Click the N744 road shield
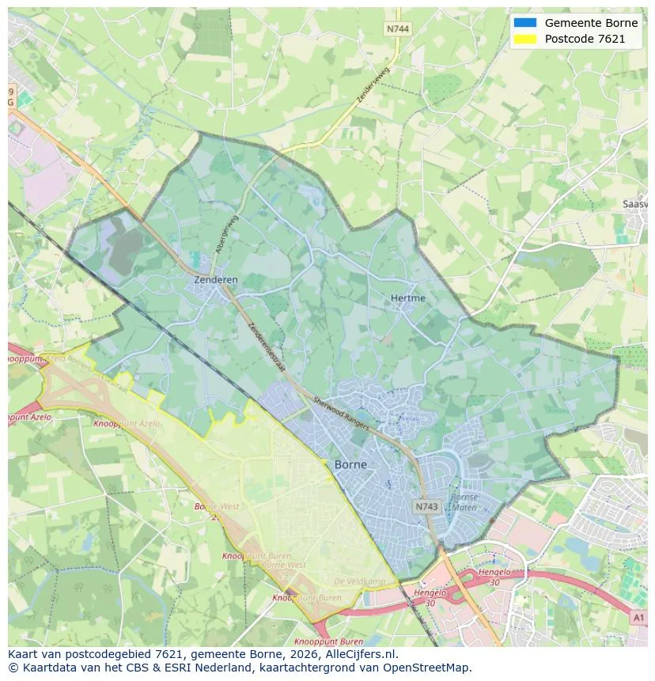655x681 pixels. click(397, 28)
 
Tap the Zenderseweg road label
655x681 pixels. click(375, 84)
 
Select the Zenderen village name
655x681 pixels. click(215, 280)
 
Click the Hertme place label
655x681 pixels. click(407, 298)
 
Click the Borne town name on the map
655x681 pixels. click(350, 464)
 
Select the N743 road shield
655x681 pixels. click(426, 505)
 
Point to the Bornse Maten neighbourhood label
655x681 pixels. click(464, 502)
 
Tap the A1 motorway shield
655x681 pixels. click(638, 616)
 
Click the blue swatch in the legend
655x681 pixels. click(524, 23)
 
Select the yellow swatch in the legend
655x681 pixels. click(524, 39)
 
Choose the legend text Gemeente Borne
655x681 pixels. click(590, 23)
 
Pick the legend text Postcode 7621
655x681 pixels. click(585, 39)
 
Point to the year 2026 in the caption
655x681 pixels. click(278, 655)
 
